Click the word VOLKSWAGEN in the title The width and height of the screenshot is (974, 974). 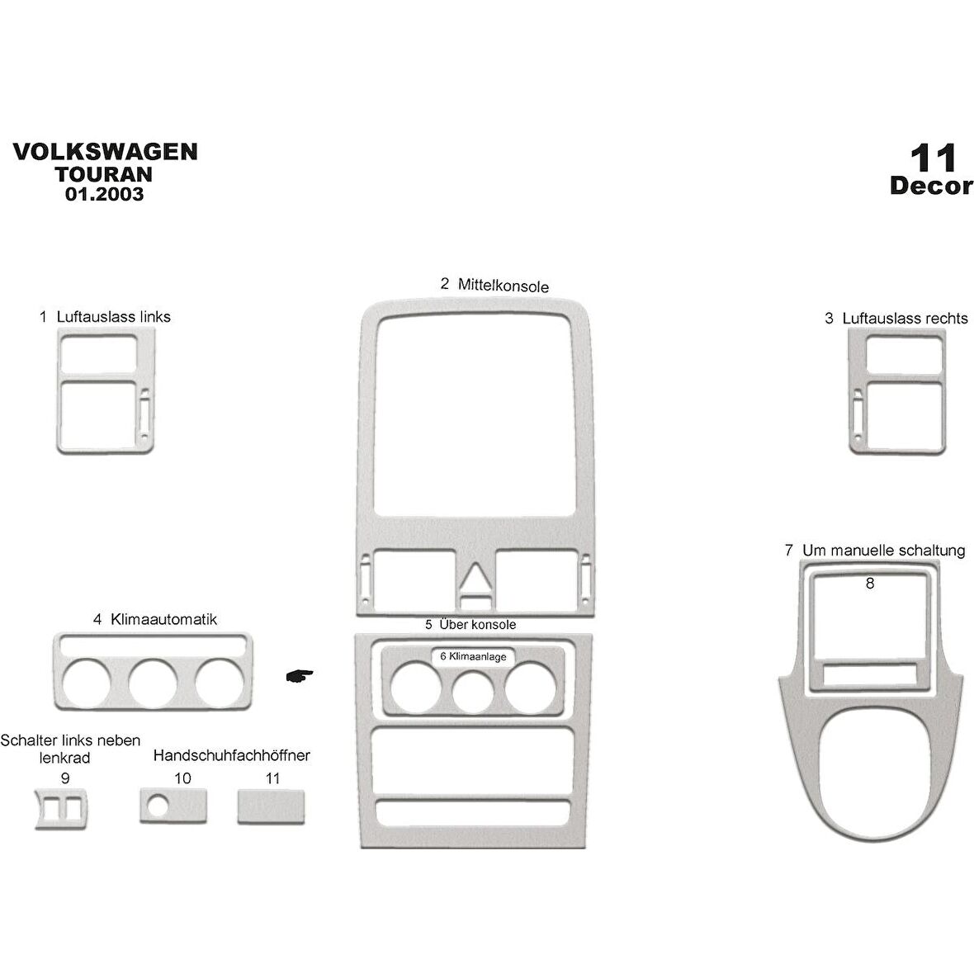(105, 152)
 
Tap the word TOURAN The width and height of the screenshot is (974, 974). (104, 174)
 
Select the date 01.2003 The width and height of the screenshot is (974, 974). (104, 195)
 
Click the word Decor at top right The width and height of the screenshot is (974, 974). (931, 186)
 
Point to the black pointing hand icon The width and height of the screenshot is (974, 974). (299, 676)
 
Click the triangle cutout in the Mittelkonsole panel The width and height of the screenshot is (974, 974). (474, 578)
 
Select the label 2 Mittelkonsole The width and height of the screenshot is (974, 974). (494, 285)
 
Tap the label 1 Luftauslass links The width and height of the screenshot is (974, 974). (105, 317)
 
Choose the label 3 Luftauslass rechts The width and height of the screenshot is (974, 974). (896, 318)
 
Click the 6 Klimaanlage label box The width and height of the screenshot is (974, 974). (474, 656)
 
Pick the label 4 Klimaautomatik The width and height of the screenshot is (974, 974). (155, 619)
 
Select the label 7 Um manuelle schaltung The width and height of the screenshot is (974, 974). (875, 551)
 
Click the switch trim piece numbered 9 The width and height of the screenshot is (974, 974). (63, 806)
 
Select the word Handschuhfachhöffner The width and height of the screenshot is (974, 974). (232, 755)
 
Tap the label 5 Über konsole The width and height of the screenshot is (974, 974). (470, 625)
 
